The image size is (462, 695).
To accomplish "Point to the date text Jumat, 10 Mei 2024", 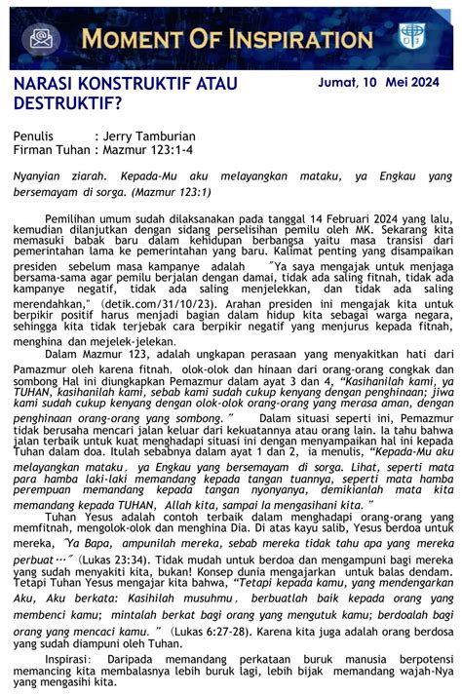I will click(385, 84).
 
